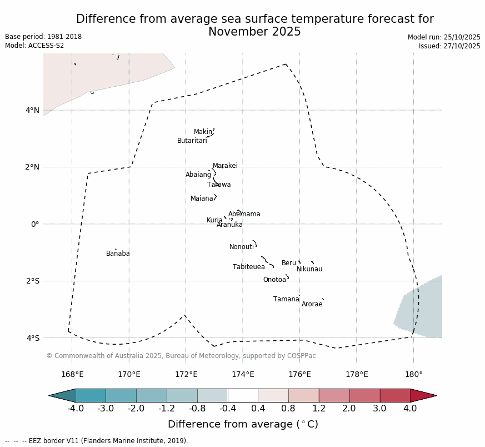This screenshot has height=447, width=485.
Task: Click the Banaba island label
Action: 118,254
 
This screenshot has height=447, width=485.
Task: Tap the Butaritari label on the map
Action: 192,141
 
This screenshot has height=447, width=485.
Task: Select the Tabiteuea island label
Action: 248,267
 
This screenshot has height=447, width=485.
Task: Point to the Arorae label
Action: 312,304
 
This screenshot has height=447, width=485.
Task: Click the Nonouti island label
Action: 241,247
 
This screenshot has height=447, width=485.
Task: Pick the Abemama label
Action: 244,214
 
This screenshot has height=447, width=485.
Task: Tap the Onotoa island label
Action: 274,280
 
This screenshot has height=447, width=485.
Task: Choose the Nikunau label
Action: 309,269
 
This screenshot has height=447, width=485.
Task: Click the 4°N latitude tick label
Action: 32,110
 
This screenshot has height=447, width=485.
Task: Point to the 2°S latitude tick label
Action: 32,281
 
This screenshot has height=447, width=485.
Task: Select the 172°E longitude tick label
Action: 186,374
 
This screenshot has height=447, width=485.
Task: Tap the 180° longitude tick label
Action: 413,374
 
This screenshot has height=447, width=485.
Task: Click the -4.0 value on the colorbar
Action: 75,409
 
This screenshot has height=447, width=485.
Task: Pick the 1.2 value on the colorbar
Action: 319,409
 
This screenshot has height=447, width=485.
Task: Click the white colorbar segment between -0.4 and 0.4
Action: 243,395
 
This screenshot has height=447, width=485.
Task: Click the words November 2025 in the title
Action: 254,32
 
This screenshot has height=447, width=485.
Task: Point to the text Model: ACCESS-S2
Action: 34,46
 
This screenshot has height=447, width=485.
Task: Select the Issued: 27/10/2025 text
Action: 449,46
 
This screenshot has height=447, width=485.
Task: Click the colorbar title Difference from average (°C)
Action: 243,424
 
